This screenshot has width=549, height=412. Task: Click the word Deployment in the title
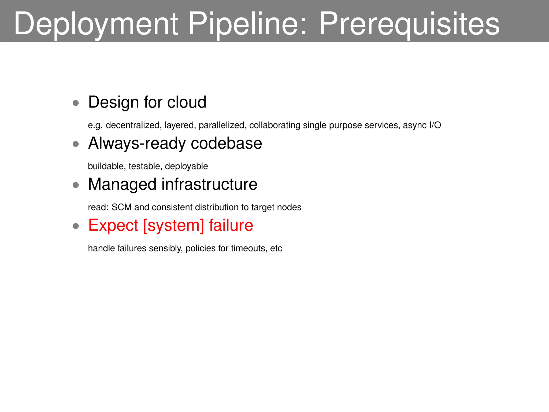pos(96,24)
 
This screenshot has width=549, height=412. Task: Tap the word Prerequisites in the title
pos(409,24)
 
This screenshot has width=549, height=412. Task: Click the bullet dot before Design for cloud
pos(76,103)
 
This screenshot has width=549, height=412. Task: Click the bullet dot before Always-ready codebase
pos(76,144)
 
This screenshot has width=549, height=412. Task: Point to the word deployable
pos(186,166)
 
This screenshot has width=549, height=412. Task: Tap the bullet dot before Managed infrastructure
pos(76,185)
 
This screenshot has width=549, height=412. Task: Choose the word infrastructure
pos(209,184)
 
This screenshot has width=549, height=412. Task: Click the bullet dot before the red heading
pos(76,226)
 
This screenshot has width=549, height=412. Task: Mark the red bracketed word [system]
pos(174,225)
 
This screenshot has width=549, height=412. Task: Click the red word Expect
pos(113,225)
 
